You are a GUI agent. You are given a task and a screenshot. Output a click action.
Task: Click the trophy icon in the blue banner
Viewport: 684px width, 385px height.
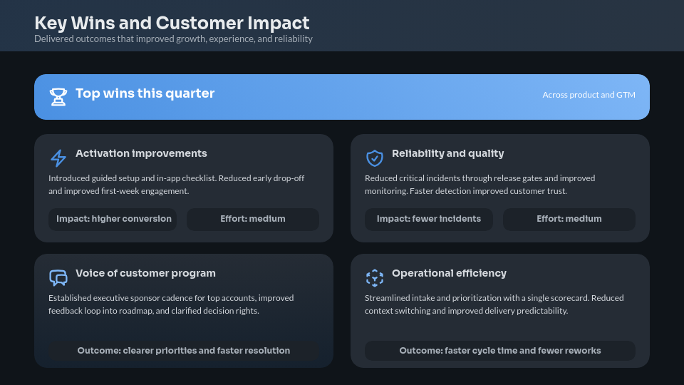pos(58,97)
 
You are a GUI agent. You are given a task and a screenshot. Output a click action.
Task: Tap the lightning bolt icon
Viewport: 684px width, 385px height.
pos(58,158)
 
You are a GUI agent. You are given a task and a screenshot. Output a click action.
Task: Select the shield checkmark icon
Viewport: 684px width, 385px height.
pos(375,158)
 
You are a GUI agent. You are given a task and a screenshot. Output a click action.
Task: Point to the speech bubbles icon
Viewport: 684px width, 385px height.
pos(58,277)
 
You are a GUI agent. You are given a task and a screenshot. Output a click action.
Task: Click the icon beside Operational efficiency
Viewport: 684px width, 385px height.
pos(375,277)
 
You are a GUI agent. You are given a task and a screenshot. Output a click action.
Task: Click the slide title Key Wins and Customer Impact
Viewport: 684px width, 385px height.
pos(172,23)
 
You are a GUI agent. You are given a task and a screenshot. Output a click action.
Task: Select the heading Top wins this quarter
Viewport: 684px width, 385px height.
pos(145,93)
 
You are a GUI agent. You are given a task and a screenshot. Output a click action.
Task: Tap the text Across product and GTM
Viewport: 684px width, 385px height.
pos(589,95)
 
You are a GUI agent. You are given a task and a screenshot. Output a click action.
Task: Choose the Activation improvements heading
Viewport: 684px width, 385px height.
pos(141,153)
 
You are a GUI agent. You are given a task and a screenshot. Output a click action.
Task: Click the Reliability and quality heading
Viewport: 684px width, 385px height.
pos(447,153)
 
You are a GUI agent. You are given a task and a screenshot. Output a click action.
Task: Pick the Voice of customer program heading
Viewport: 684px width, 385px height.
pos(145,273)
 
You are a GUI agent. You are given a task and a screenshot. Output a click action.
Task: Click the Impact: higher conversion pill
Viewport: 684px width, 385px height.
pos(113,219)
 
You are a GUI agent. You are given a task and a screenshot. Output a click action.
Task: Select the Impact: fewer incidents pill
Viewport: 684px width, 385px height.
pos(429,219)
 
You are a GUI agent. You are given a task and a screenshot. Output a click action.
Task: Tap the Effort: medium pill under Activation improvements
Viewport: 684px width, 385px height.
pos(253,219)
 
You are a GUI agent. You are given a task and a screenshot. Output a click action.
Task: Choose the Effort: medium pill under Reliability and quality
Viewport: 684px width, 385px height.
pos(569,219)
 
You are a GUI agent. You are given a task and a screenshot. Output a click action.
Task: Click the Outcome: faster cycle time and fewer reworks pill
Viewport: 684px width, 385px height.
pos(500,351)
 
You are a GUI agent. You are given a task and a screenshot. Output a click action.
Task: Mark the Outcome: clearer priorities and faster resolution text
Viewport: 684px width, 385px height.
pos(184,351)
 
